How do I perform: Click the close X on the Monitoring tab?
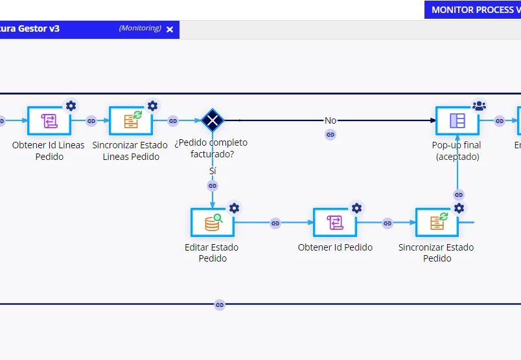point(170,29)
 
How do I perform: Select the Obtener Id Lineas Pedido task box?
point(49,120)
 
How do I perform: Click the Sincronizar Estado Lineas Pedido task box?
point(131,120)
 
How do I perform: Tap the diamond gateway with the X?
point(213,120)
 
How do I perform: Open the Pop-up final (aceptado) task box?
point(457,120)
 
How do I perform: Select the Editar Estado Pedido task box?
point(213,223)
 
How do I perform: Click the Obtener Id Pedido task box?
point(335,223)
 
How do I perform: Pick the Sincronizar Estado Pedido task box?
point(437,223)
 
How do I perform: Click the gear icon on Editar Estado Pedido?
point(234,208)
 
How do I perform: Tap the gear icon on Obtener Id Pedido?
point(356,208)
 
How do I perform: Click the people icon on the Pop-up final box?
point(479,106)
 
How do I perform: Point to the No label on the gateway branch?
point(330,120)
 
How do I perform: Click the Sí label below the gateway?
point(213,171)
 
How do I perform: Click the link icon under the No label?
point(330,135)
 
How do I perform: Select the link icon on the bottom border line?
point(219,304)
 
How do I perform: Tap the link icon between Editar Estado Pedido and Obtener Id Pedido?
point(275,223)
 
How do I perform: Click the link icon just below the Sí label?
point(213,186)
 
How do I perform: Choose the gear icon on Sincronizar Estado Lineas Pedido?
point(152,106)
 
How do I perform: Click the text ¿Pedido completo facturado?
point(211,148)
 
